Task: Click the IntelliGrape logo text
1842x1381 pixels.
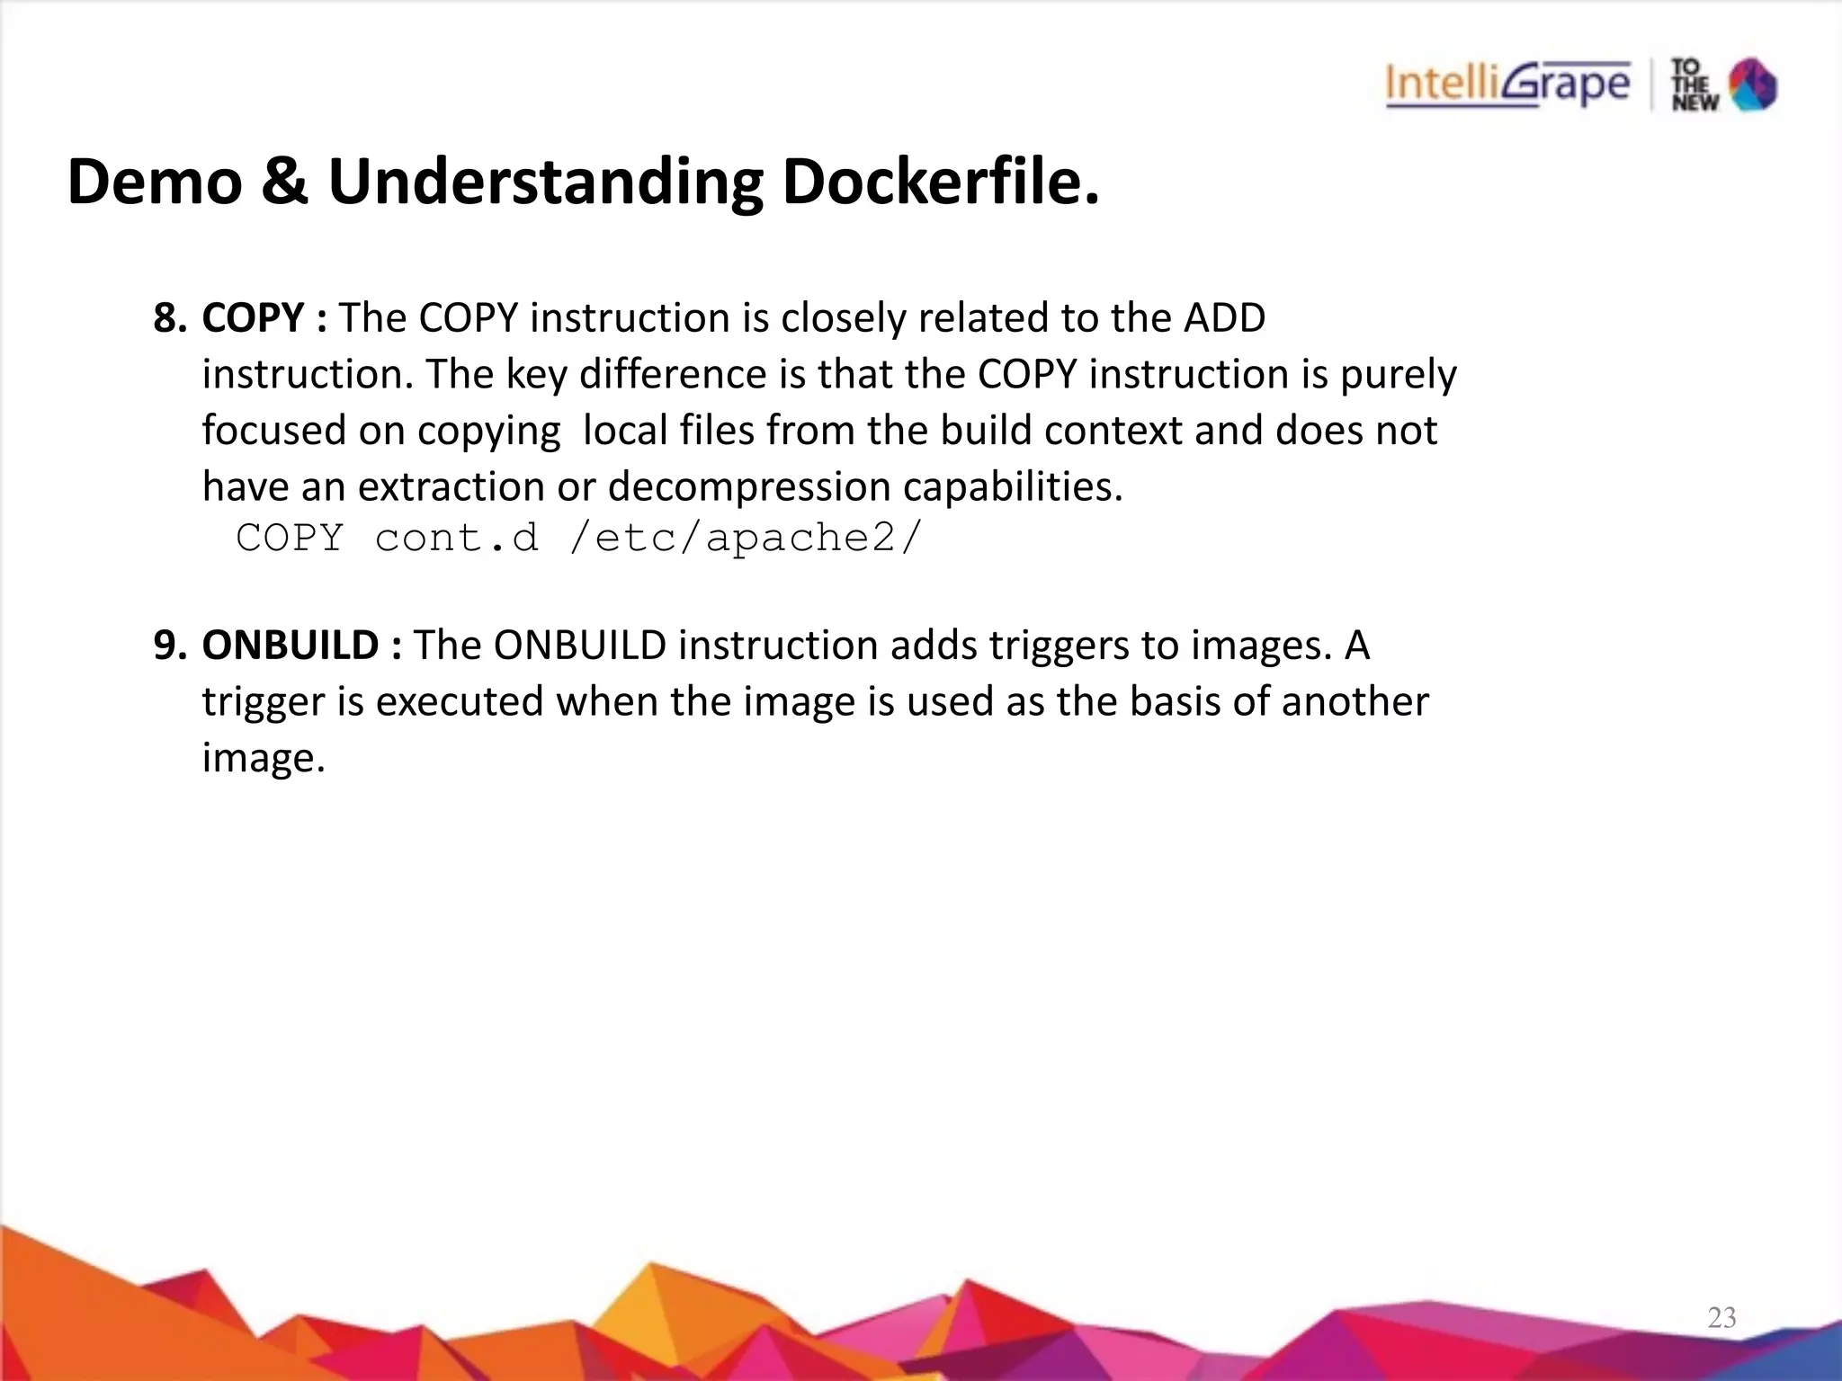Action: (x=1507, y=85)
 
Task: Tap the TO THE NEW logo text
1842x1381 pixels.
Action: (x=1694, y=85)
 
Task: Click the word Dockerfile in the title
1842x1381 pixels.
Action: (x=940, y=182)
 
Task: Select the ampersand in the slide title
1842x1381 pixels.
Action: (x=284, y=182)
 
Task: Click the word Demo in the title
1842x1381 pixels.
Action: (x=155, y=182)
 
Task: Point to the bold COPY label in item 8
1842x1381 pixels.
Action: (x=254, y=318)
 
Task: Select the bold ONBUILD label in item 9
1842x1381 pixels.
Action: (x=291, y=646)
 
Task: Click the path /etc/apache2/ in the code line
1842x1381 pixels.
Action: (x=746, y=538)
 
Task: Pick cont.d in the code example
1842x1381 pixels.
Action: (x=457, y=538)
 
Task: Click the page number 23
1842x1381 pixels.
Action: (x=1721, y=1318)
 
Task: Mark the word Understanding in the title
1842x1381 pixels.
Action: (x=545, y=182)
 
